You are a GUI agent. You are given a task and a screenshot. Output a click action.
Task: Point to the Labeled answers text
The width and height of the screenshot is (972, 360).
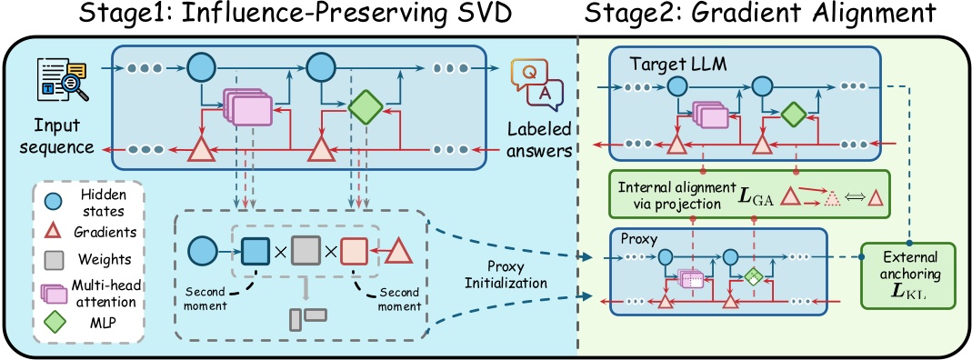click(536, 139)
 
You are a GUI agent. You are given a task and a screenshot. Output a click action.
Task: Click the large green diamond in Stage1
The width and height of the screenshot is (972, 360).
click(364, 108)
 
